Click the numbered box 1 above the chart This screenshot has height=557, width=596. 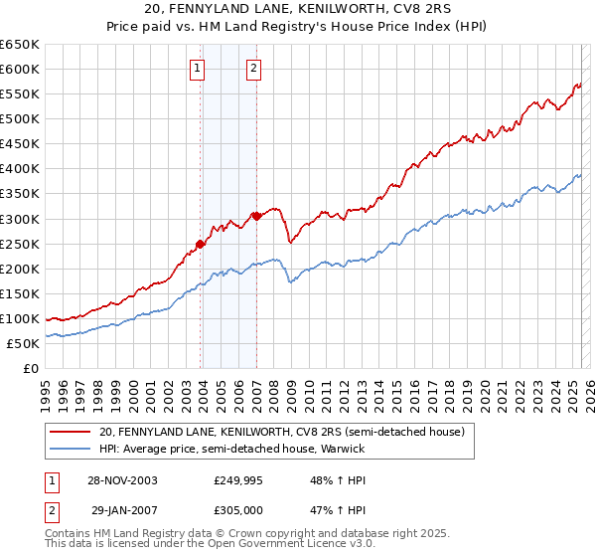click(x=198, y=69)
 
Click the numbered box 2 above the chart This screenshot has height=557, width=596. click(x=254, y=69)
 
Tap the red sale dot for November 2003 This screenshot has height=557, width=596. click(x=201, y=243)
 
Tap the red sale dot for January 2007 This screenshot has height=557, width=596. click(x=256, y=215)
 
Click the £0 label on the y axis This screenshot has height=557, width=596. click(x=32, y=368)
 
